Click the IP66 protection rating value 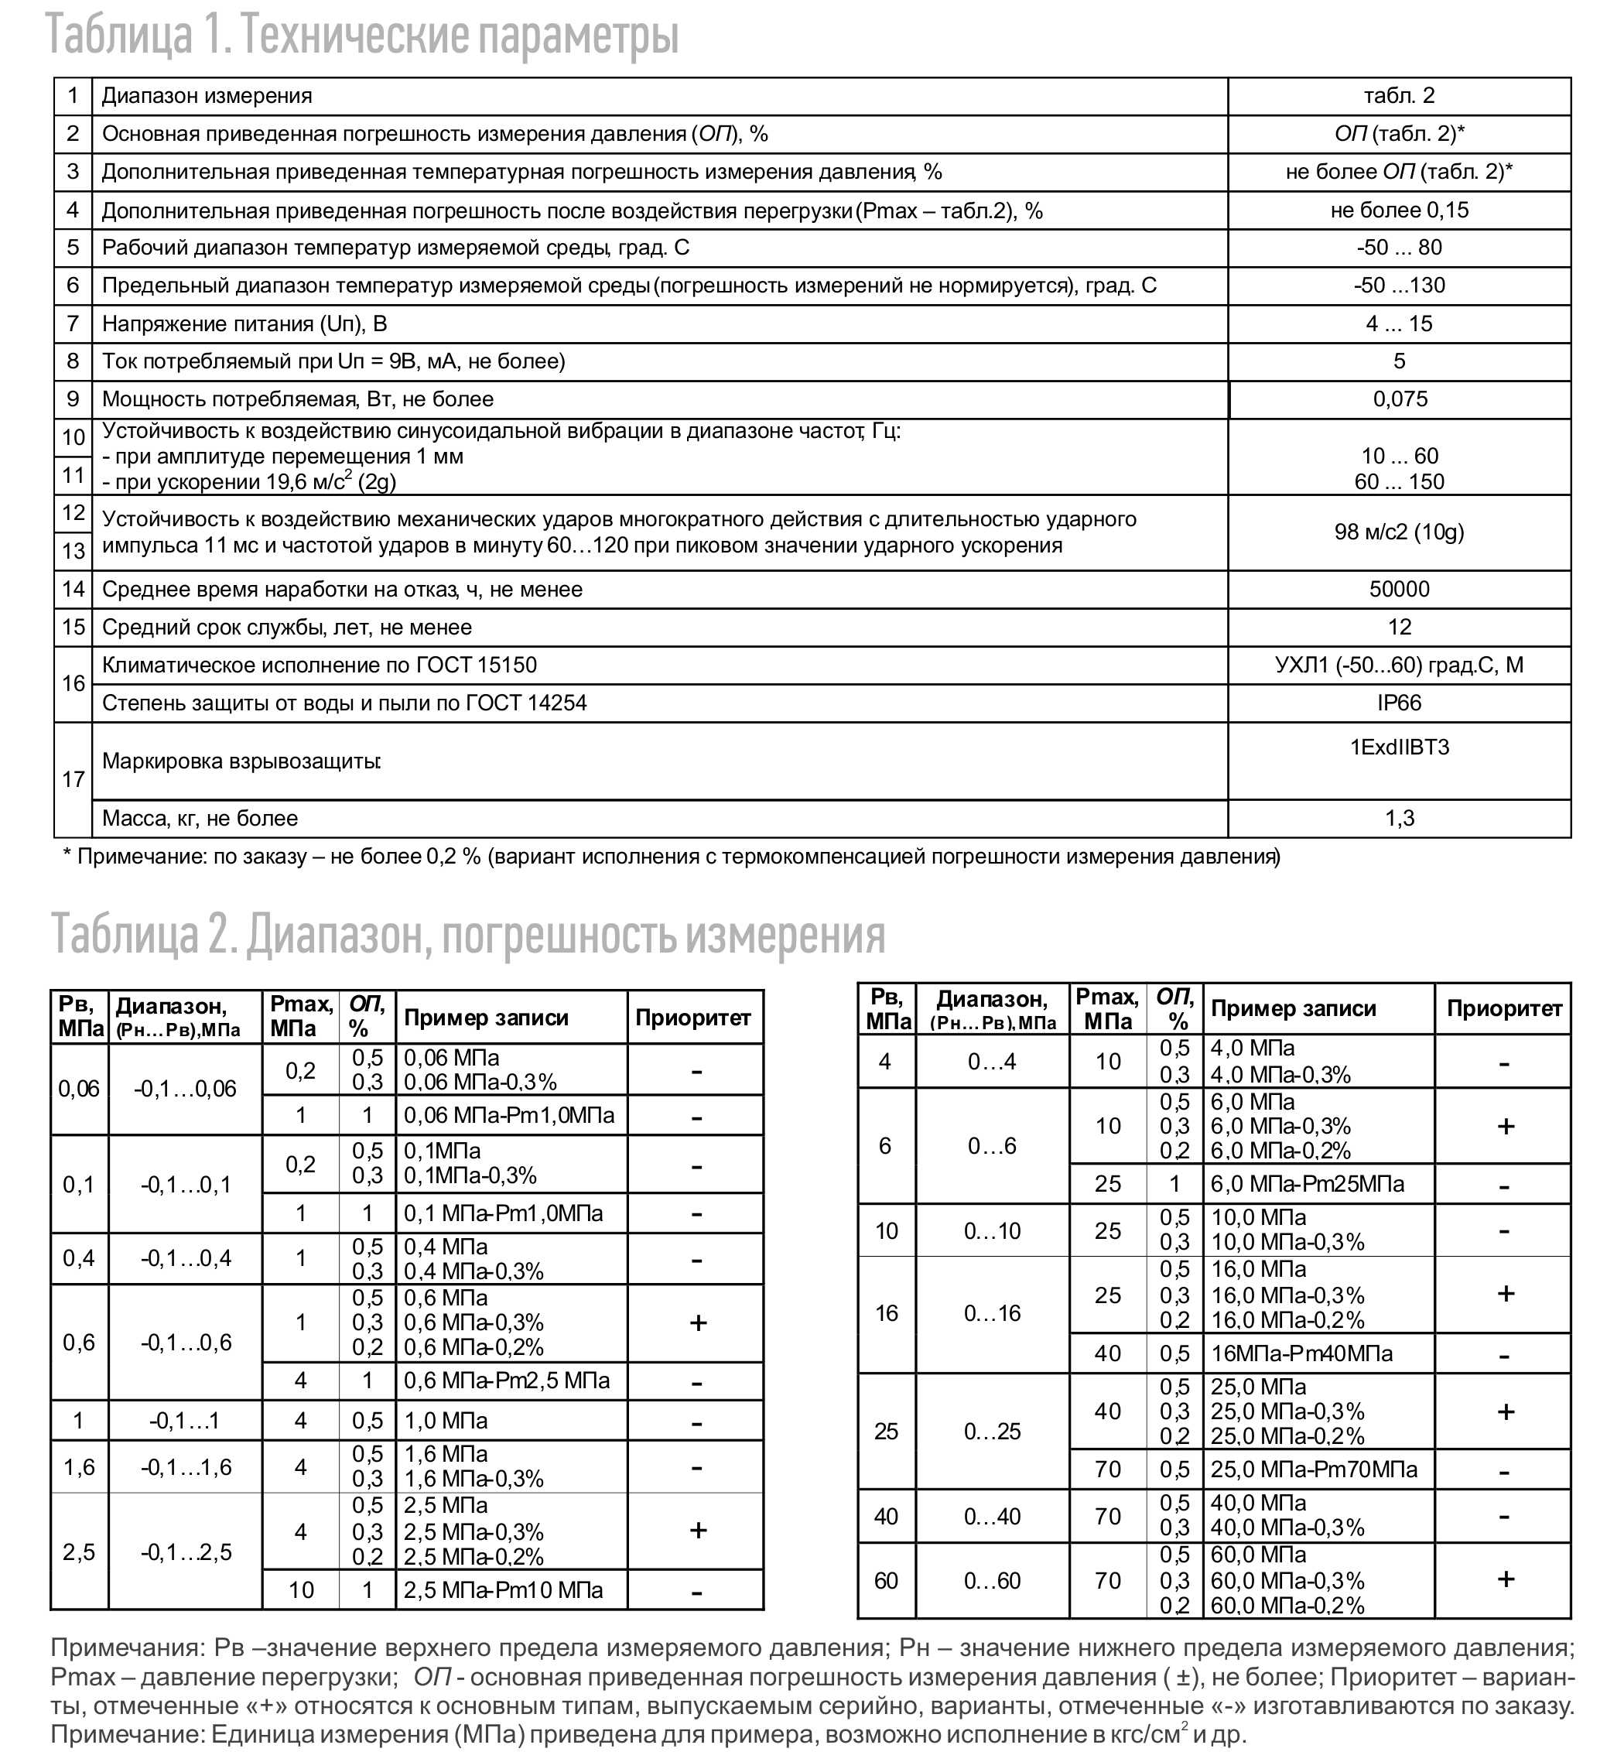click(x=1399, y=703)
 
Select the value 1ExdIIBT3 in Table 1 click(x=1399, y=747)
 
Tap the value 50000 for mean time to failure click(x=1399, y=589)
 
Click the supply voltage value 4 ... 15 click(x=1399, y=323)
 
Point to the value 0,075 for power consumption click(x=1400, y=399)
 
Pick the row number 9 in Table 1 click(x=73, y=399)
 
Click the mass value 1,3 click(x=1399, y=818)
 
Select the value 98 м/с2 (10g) click(x=1399, y=532)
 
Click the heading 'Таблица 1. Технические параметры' click(x=362, y=35)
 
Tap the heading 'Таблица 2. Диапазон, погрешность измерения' click(x=467, y=933)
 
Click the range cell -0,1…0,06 click(x=185, y=1089)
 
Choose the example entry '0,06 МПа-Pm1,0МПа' click(x=509, y=1115)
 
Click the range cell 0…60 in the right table click(x=992, y=1580)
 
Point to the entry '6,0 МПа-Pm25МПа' click(x=1307, y=1184)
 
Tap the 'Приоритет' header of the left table click(x=692, y=1018)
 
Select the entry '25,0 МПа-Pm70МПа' click(x=1314, y=1469)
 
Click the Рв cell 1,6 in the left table click(x=78, y=1466)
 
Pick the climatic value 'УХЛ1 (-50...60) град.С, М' click(x=1399, y=665)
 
